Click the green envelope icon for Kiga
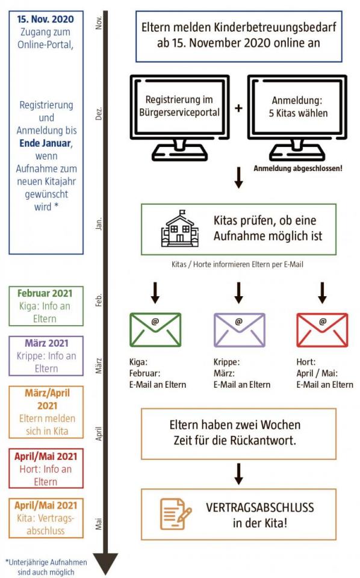155,329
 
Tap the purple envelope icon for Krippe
239,329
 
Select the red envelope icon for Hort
322,329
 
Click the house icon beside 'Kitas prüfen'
179,229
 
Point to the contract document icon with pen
176,514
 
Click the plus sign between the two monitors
239,108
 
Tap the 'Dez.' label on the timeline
98,114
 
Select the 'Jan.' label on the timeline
98,224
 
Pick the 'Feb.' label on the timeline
98,300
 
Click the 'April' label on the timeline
98,433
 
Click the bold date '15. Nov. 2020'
45,19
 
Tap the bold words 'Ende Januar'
45,143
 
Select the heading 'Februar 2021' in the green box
45,293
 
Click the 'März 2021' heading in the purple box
46,343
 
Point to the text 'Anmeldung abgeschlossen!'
298,169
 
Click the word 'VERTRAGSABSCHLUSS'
260,508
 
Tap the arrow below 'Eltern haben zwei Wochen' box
239,474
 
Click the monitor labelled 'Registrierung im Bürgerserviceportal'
180,118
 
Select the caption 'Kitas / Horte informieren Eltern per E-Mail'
237,264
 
